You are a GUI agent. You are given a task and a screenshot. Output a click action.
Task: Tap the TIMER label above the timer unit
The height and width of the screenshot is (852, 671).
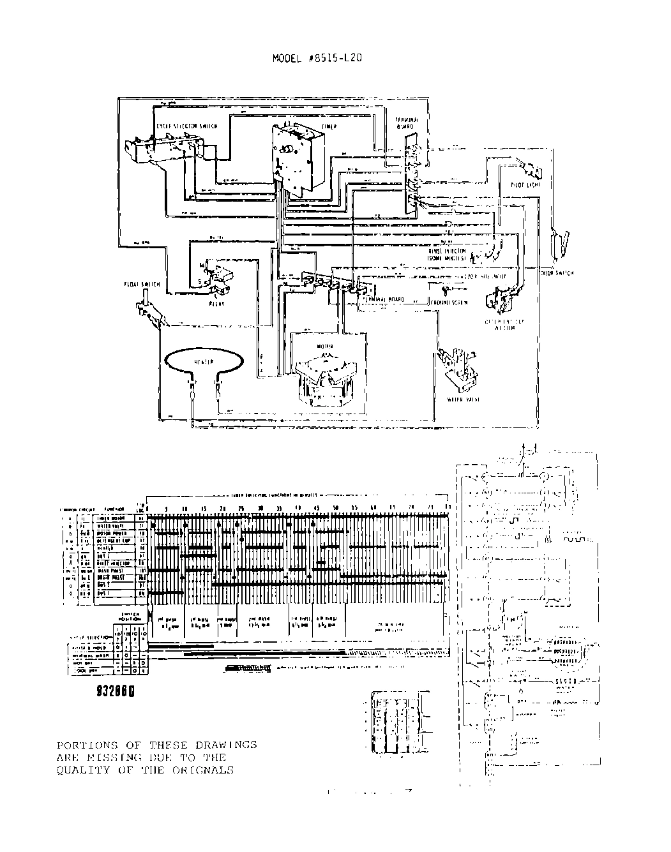coord(329,127)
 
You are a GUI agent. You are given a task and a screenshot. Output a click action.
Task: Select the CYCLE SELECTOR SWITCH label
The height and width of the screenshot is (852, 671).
coord(186,126)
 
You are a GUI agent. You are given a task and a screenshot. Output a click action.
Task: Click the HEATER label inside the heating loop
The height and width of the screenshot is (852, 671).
coord(204,361)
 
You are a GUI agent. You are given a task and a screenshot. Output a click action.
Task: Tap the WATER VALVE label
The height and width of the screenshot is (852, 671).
coord(464,400)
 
